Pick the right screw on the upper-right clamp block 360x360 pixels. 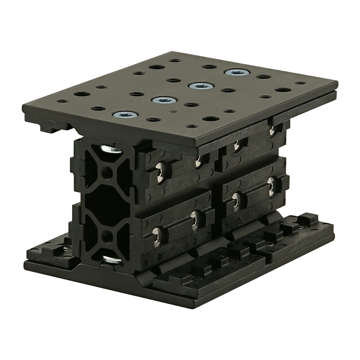pyautogui.click(x=273, y=130)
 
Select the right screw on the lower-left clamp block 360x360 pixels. pyautogui.click(x=195, y=218)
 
